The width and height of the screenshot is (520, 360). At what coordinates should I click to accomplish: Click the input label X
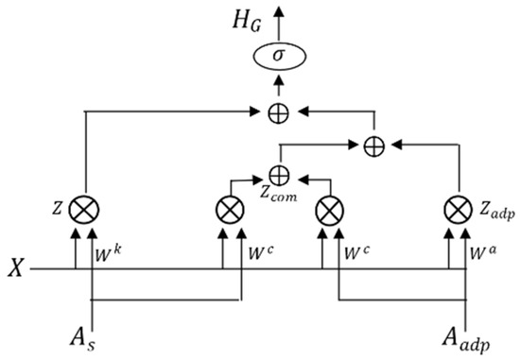click(x=16, y=268)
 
